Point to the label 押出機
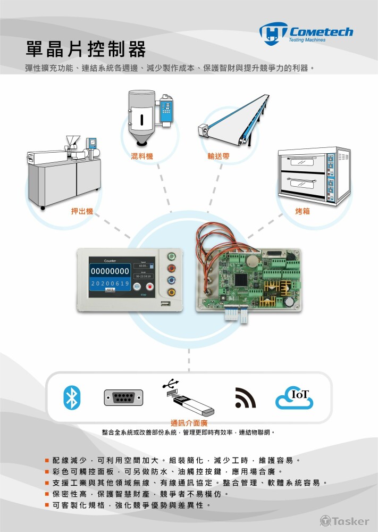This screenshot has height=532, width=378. click(x=82, y=211)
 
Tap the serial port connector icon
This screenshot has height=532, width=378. click(x=123, y=398)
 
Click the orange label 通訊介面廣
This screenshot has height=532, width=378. click(x=189, y=423)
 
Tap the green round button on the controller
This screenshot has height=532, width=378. click(x=171, y=257)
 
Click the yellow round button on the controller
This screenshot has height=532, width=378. click(x=171, y=292)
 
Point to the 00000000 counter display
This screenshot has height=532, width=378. click(x=111, y=271)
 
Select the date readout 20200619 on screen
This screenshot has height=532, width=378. click(x=110, y=284)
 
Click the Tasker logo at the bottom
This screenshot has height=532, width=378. click(x=344, y=520)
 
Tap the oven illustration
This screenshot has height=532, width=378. click(x=314, y=176)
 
